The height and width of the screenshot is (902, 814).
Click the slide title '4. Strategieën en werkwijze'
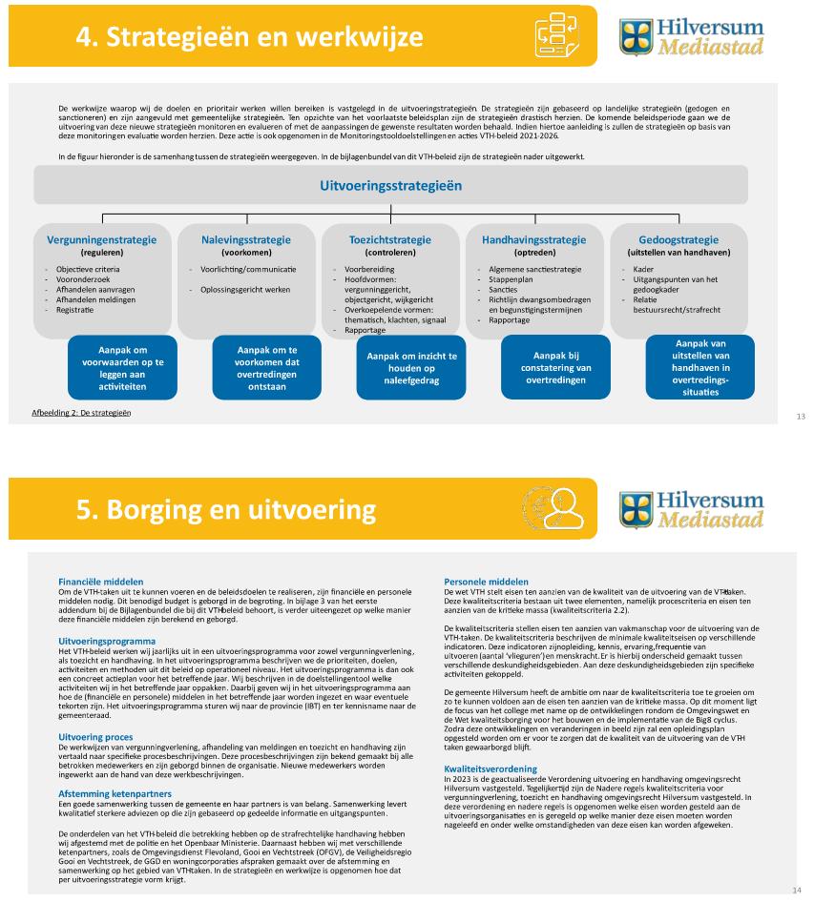[x=250, y=37]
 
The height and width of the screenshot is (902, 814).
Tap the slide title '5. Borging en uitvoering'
[x=225, y=509]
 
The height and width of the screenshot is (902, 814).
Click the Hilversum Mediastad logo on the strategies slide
[x=691, y=35]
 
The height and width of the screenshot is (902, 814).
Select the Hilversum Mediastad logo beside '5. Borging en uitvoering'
[x=691, y=508]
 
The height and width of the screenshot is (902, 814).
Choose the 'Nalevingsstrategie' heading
[x=246, y=240]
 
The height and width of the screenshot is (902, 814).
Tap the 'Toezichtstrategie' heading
[x=390, y=240]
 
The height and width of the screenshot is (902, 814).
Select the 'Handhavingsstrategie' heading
[x=534, y=240]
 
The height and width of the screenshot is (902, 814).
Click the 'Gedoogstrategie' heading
[x=678, y=240]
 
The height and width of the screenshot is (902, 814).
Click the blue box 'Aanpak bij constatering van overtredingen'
[x=555, y=367]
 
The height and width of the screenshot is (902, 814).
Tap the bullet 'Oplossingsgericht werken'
[x=244, y=289]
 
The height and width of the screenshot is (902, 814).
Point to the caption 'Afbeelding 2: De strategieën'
[x=81, y=414]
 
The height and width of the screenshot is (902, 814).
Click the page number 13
[x=800, y=417]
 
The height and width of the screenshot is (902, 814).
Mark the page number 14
[x=797, y=890]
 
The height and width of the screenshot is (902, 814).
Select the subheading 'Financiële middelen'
[x=101, y=581]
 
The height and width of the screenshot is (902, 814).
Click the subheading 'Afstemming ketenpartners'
[x=115, y=793]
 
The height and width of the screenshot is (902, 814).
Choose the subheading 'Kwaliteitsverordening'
[x=490, y=768]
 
